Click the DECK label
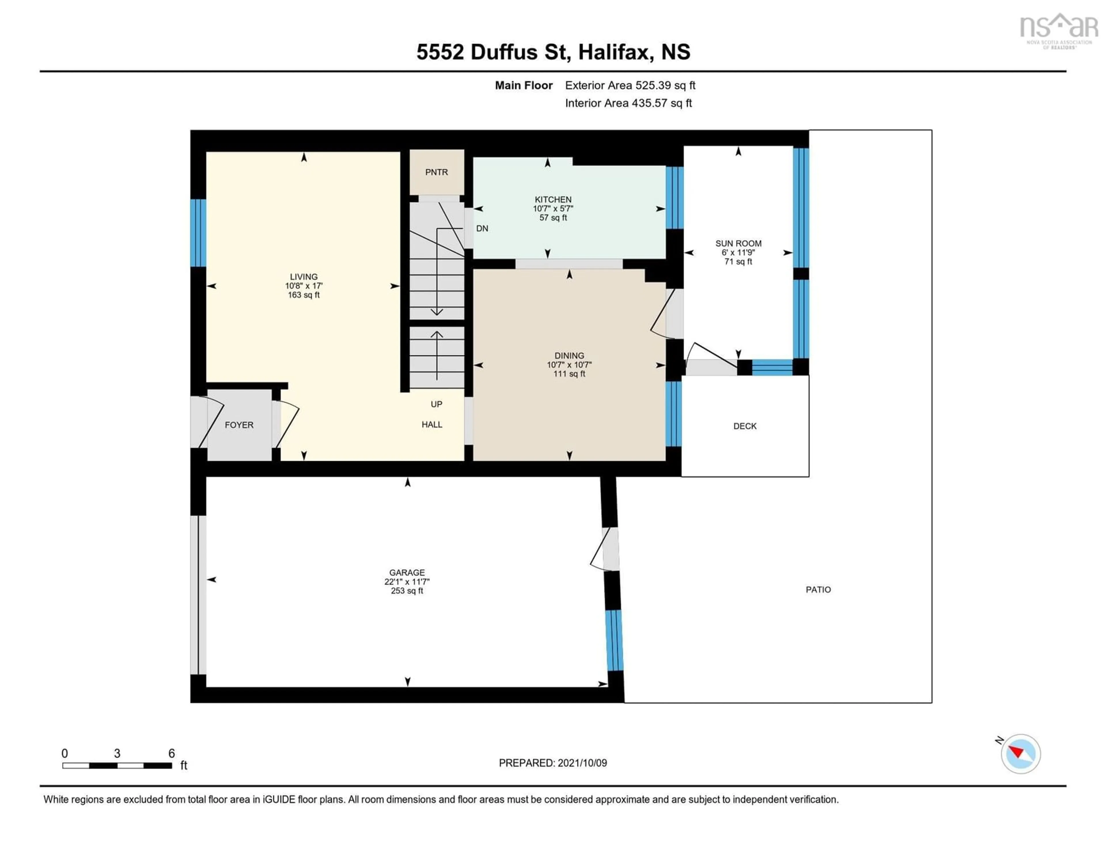(745, 426)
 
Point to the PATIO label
(818, 590)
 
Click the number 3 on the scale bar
(117, 753)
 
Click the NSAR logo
(1058, 30)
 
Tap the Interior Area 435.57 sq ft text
(628, 103)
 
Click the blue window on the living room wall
(198, 233)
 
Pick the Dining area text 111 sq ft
(569, 374)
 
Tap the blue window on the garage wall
(614, 640)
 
